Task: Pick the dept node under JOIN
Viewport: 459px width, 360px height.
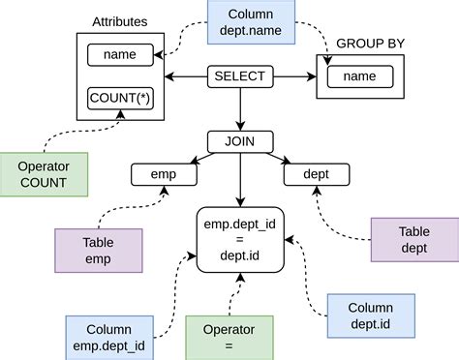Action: tap(315, 175)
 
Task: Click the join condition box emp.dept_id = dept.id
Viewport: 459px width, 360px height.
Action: tap(241, 238)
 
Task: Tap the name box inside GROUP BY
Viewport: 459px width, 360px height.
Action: tap(360, 76)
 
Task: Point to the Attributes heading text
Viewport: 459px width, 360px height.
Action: tap(120, 21)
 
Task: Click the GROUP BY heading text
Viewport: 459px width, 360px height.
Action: tap(370, 44)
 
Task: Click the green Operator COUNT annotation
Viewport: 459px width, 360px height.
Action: tap(45, 174)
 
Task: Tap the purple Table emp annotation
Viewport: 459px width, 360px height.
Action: tap(99, 250)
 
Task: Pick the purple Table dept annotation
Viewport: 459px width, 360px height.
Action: tap(414, 238)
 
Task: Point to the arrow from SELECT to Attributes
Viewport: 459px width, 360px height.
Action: tap(186, 75)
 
